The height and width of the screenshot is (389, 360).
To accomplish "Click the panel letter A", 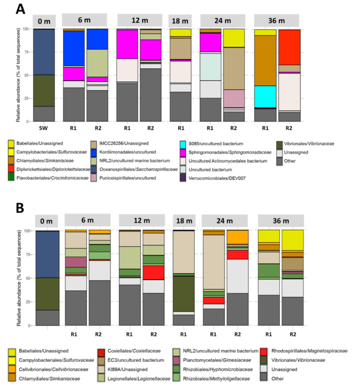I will [21, 10].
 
